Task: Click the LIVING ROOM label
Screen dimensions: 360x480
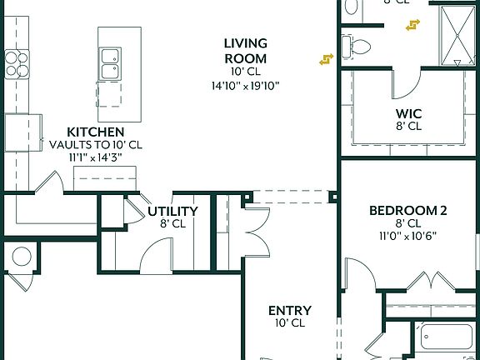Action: [x=245, y=51]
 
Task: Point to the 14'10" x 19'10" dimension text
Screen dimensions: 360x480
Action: [x=245, y=85]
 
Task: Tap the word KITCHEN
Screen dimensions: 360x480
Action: [x=96, y=132]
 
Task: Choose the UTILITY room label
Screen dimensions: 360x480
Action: [x=172, y=211]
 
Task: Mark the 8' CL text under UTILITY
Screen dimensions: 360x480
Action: [x=172, y=223]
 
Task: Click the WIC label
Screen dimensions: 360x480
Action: [x=408, y=114]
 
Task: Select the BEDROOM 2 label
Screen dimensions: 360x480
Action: [x=408, y=211]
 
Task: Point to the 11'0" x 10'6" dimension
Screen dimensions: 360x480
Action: [x=408, y=236]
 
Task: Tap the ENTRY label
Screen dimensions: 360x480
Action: [x=290, y=311]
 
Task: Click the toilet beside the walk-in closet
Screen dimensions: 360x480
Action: [x=357, y=47]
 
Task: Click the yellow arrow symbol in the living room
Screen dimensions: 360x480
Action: [x=326, y=59]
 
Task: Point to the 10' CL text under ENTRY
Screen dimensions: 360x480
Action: [x=290, y=323]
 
